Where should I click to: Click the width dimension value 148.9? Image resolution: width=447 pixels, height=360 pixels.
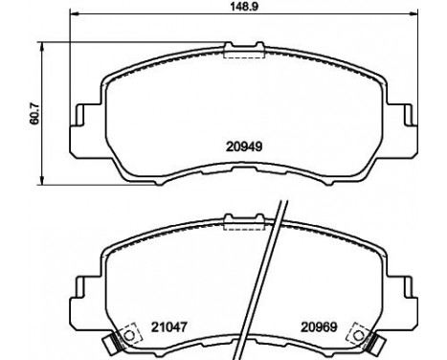244,7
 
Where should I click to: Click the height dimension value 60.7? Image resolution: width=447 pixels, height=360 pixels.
34,113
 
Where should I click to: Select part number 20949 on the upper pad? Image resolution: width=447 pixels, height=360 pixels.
244,146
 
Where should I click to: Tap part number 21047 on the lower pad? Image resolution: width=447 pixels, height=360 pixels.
168,326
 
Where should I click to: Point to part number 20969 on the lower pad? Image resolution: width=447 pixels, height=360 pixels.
320,326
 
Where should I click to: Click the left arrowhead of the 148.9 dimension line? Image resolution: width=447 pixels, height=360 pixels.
74,13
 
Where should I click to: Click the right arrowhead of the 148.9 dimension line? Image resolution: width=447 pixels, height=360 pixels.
413,13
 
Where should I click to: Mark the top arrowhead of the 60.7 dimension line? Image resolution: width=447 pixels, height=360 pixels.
41,46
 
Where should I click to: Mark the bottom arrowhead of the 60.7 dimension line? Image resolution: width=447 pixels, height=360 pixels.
41,180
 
